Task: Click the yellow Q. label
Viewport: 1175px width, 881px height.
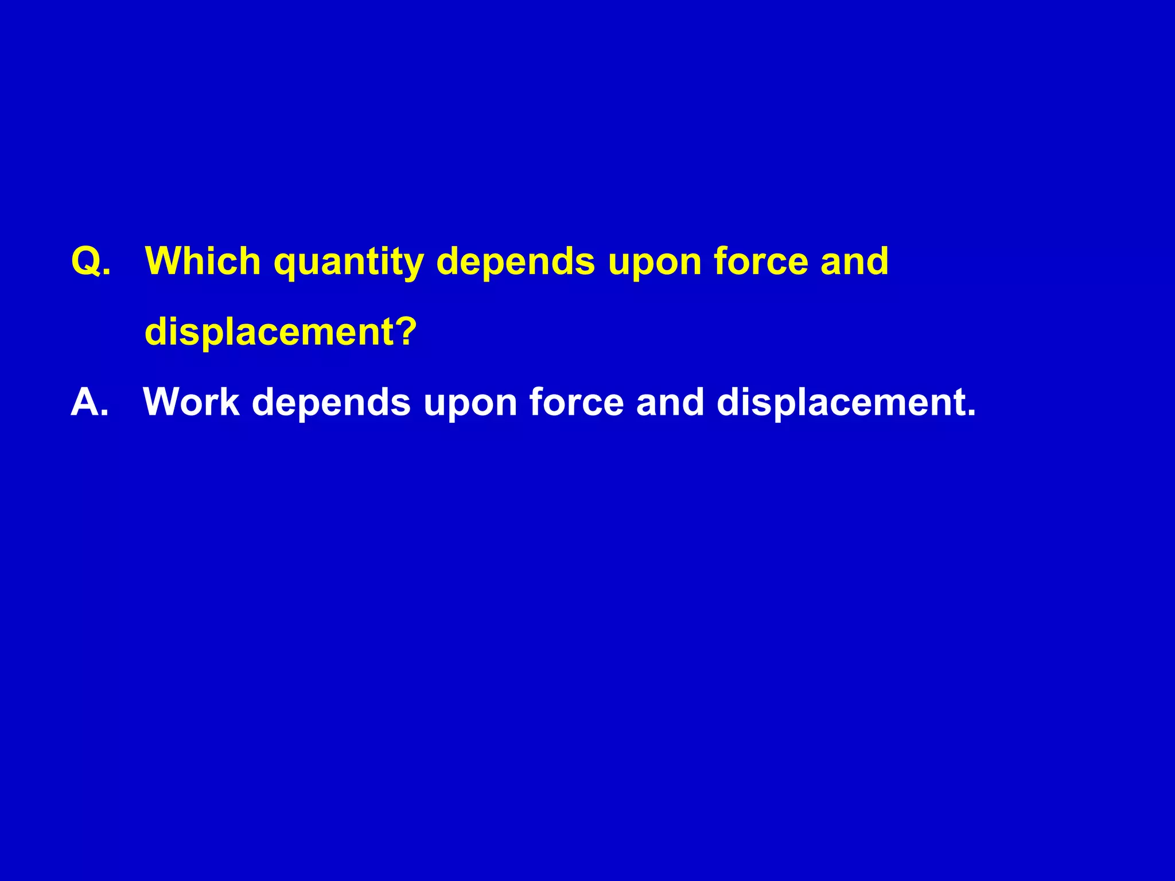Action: (91, 262)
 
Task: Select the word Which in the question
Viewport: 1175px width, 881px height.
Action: (204, 262)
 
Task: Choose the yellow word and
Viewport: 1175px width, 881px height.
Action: (854, 262)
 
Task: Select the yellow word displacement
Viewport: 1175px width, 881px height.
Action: (270, 333)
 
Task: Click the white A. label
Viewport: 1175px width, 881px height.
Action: (90, 402)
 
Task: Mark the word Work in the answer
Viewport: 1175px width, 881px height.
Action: (191, 402)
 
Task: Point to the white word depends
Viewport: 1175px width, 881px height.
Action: (331, 403)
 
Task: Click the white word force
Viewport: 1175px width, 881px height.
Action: (576, 402)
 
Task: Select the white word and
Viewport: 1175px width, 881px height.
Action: (670, 402)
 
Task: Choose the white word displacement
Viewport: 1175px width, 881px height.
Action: (841, 402)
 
